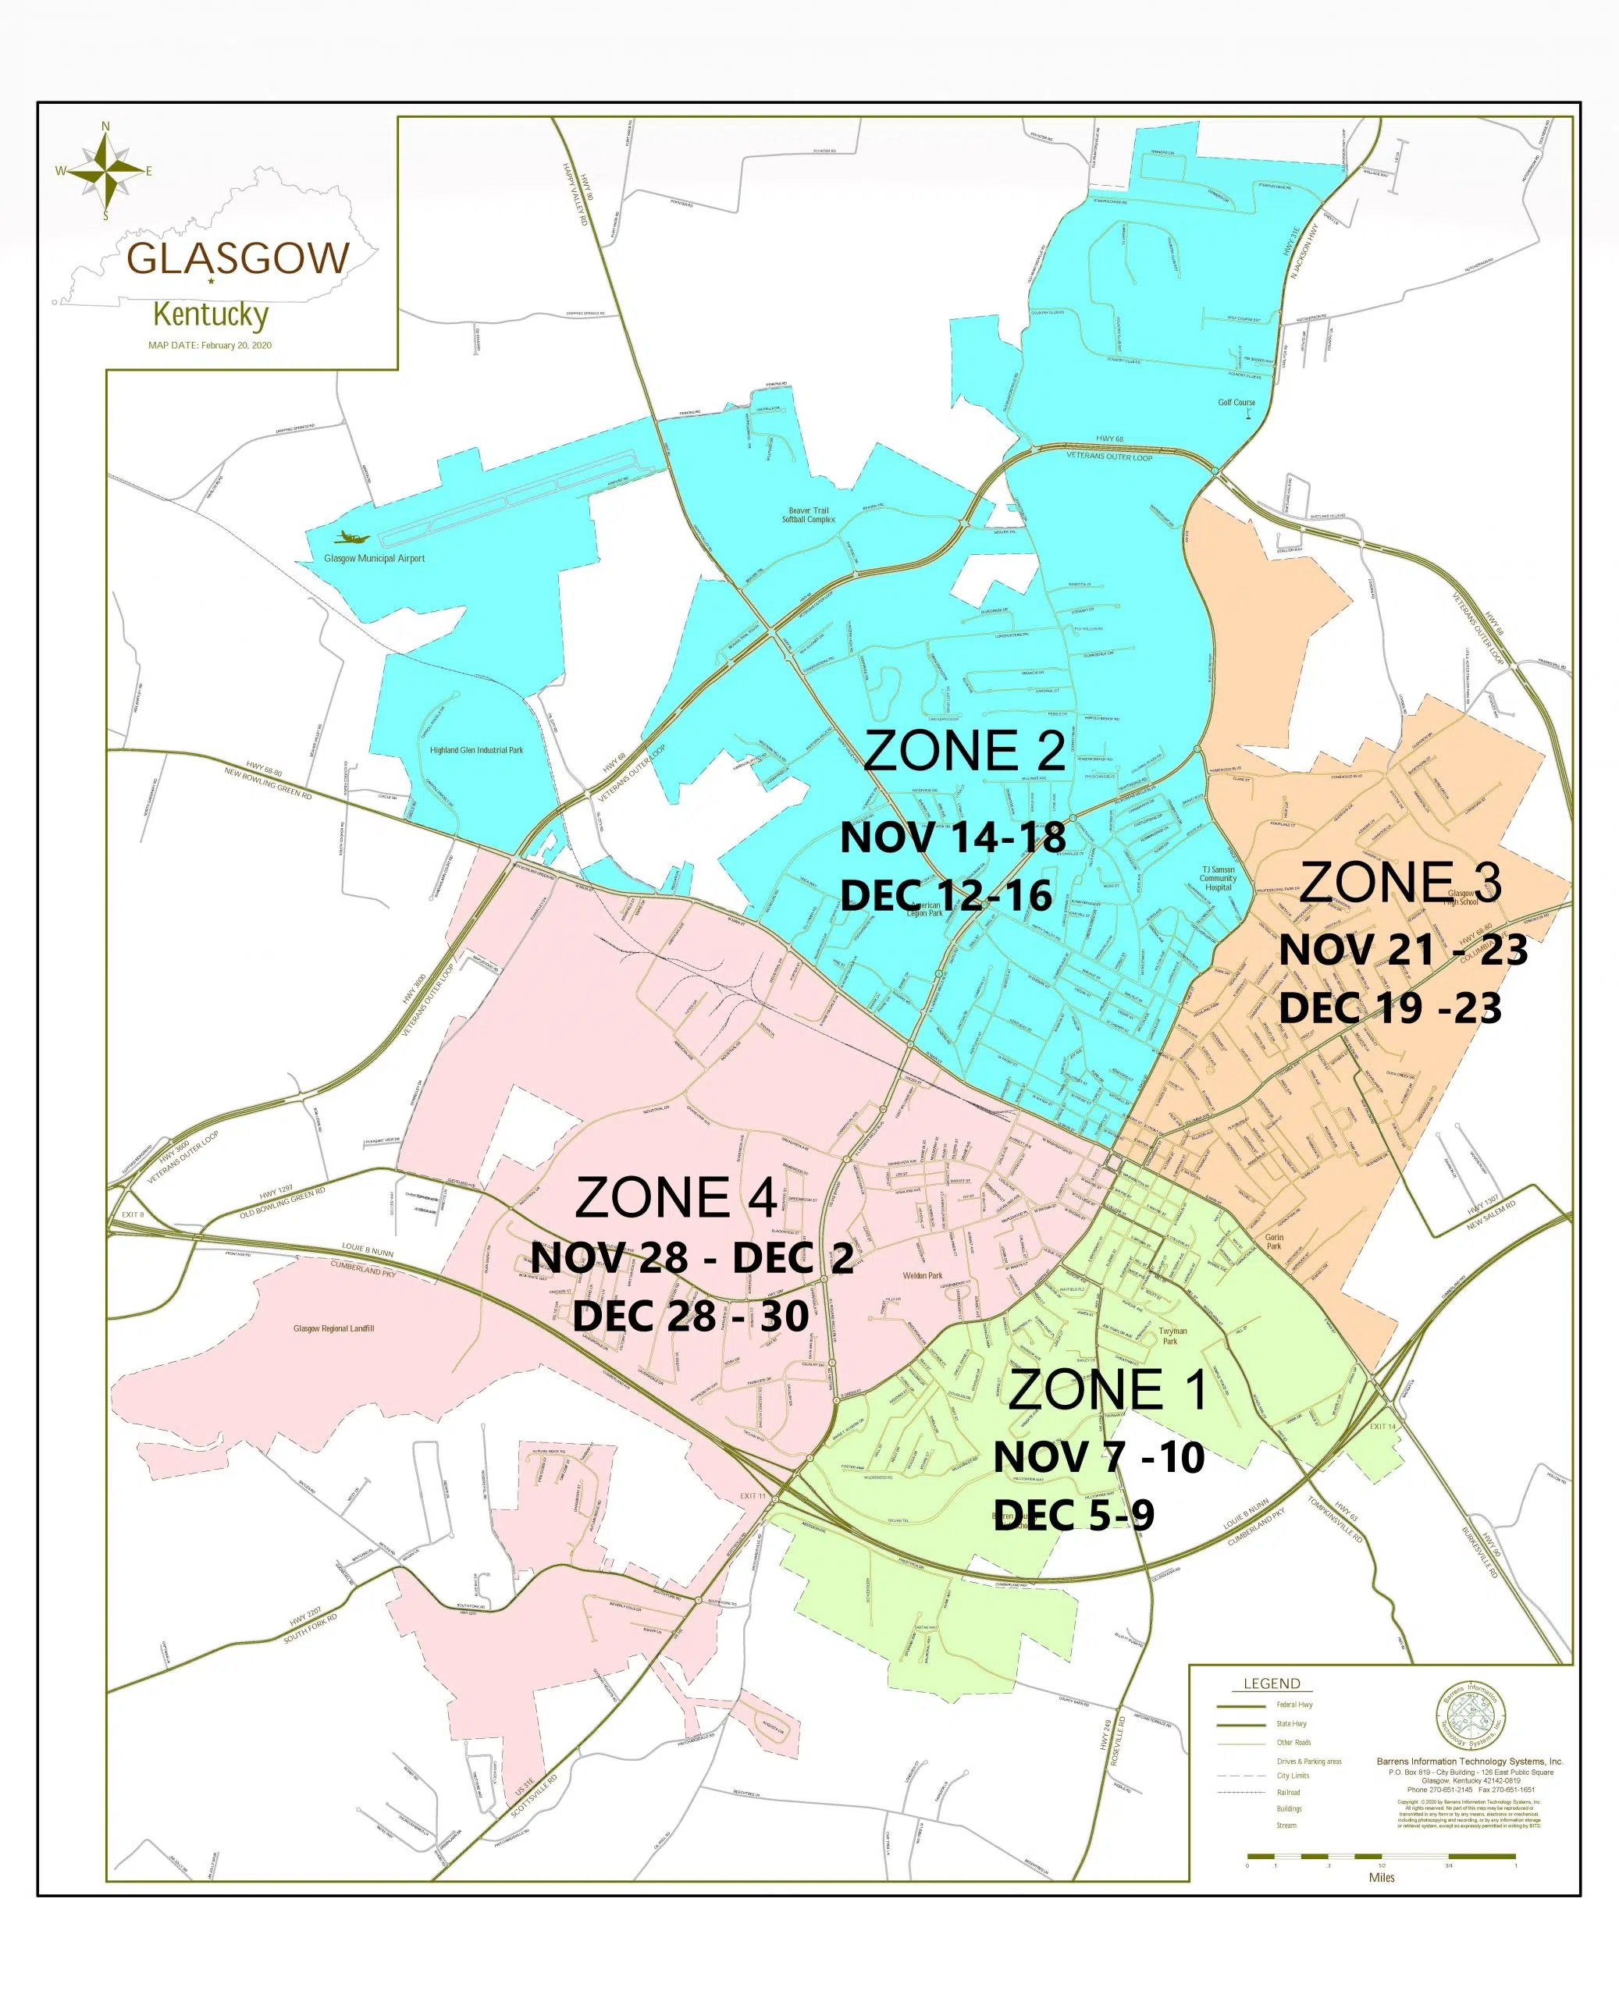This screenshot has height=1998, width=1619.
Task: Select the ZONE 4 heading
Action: (676, 1198)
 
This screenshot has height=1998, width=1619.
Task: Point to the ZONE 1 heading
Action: (1108, 1391)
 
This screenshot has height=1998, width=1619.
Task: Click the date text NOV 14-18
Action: (952, 837)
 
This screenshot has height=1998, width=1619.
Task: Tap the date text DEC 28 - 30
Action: (690, 1317)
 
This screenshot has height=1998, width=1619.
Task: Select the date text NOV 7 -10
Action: (1098, 1457)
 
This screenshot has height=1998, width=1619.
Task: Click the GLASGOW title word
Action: (238, 258)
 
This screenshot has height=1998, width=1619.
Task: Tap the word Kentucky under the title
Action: (211, 315)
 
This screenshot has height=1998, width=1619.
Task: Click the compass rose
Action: (105, 171)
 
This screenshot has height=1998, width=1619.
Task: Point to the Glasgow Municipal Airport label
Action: (374, 559)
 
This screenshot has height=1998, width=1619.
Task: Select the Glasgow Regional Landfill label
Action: (333, 1328)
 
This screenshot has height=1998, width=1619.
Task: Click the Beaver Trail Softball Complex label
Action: (808, 514)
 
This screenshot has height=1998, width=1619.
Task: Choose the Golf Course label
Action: (1236, 403)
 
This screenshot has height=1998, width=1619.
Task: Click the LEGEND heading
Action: (1271, 1683)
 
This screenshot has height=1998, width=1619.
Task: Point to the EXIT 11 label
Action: (753, 1495)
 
